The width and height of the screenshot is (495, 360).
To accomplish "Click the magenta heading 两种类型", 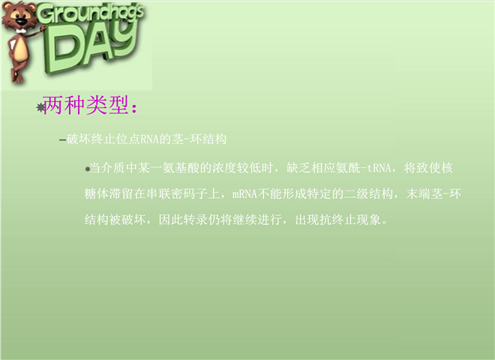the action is tap(85, 105).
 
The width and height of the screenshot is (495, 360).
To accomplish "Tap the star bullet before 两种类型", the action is tap(40, 108).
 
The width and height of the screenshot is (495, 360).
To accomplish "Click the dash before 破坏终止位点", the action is tap(62, 139).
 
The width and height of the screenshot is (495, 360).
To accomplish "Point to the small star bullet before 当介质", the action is tap(88, 169).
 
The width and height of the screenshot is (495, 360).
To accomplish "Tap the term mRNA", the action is tap(244, 193).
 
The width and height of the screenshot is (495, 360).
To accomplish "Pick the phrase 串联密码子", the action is tap(177, 193).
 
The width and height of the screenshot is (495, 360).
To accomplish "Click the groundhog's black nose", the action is tap(21, 22).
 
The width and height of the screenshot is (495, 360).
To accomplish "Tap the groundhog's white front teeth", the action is tap(22, 31).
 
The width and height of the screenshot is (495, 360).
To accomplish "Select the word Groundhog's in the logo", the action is tap(91, 14).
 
